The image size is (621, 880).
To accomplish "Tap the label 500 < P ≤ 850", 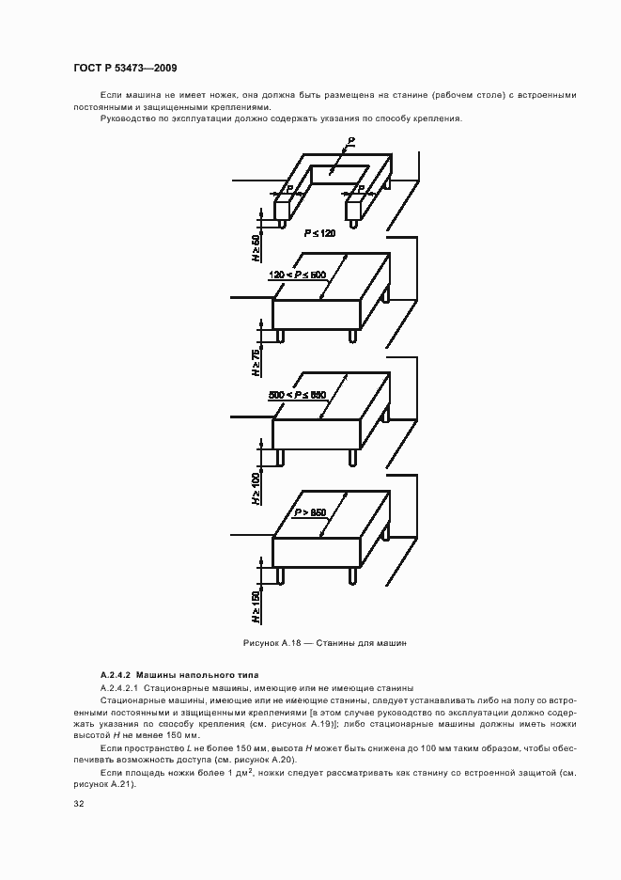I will [297, 395].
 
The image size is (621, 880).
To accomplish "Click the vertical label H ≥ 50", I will [256, 248].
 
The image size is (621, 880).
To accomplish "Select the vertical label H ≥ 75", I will [256, 362].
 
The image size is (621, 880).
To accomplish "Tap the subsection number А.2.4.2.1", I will [120, 688].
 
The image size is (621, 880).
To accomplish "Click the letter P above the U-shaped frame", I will [349, 141].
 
